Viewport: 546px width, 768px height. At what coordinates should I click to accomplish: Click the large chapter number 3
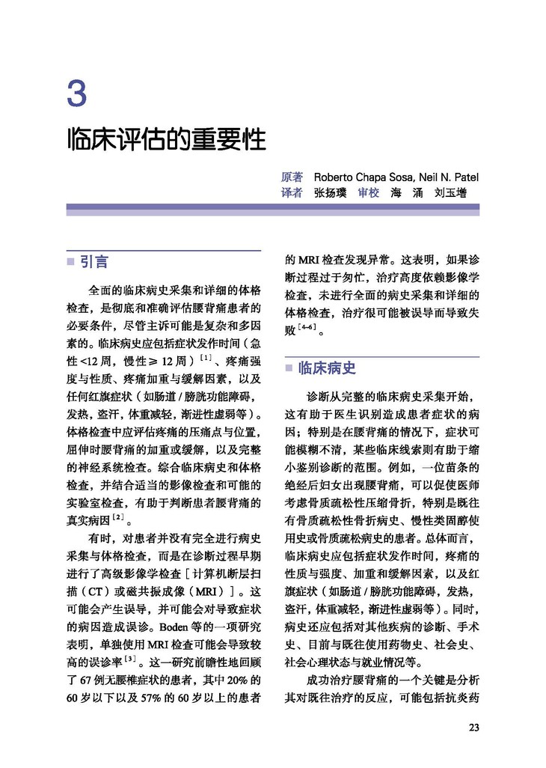click(77, 95)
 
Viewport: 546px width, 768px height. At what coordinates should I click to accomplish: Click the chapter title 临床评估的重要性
click(166, 140)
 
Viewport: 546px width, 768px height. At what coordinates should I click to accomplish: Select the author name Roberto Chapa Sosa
click(361, 177)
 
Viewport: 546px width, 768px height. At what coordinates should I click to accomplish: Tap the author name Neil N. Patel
click(447, 177)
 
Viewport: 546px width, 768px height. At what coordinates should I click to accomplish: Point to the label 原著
click(292, 177)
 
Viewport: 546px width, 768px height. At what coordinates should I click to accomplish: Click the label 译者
click(292, 192)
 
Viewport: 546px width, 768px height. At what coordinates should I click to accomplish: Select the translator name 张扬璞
click(330, 192)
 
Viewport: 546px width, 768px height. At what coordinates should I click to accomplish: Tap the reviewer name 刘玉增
click(450, 192)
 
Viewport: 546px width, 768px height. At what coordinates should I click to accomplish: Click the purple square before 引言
click(70, 262)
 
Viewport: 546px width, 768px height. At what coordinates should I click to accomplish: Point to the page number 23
click(473, 727)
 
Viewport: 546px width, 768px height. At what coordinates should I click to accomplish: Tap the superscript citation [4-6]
click(307, 327)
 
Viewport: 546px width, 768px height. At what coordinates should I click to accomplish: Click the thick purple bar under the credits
click(273, 210)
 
